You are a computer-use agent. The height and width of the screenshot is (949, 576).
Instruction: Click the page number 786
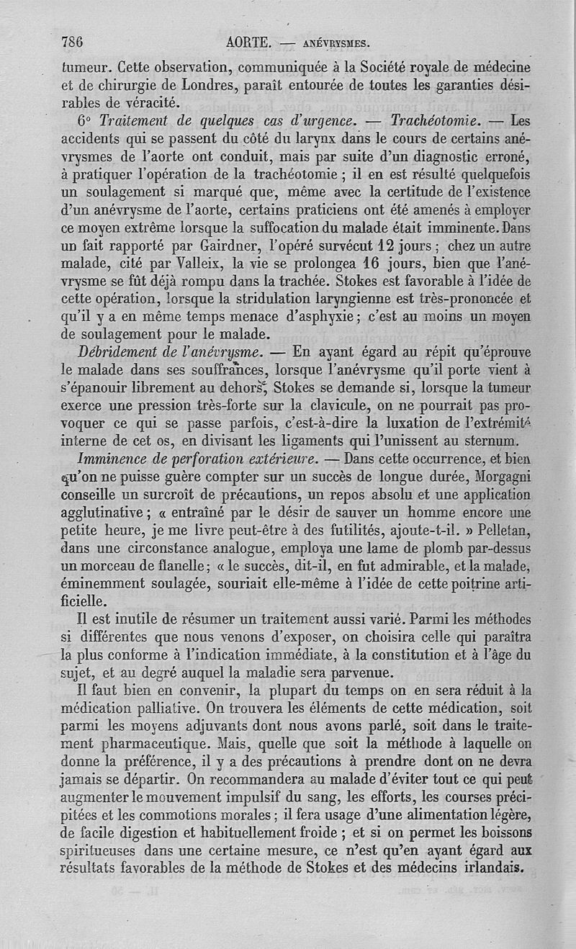coord(73,42)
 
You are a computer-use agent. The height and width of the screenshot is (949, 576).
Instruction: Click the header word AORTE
coord(248,42)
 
